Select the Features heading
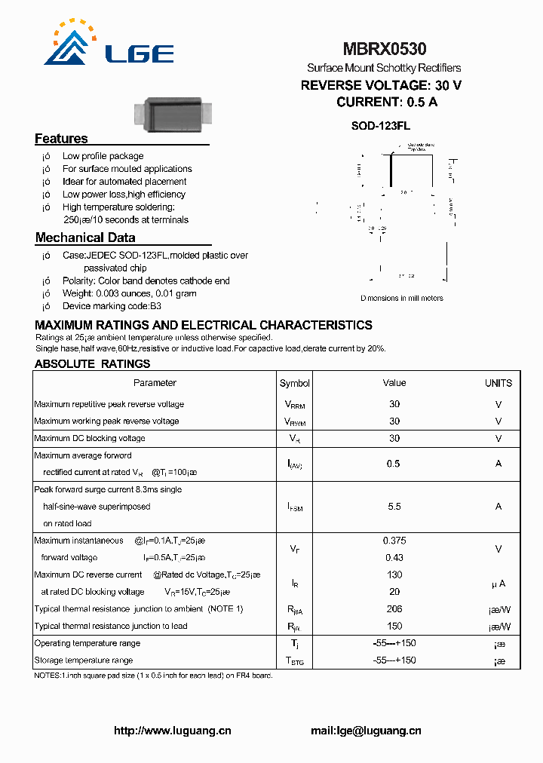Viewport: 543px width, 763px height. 61,139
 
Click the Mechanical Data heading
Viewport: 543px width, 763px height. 85,238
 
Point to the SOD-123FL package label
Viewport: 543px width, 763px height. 380,126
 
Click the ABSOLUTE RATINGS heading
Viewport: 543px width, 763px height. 92,363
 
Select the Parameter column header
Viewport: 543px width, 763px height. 155,383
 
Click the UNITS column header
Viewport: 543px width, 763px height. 499,383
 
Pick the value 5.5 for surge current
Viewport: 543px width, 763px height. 394,507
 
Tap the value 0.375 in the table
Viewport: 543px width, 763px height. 394,541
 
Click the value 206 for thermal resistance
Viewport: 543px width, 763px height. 394,608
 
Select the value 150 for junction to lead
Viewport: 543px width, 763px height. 394,626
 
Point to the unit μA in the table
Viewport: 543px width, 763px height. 498,584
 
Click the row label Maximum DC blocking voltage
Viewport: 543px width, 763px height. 90,438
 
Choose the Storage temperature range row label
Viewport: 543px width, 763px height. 84,660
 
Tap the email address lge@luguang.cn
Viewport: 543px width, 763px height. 366,731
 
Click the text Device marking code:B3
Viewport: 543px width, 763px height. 112,306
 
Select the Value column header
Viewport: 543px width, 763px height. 394,383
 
